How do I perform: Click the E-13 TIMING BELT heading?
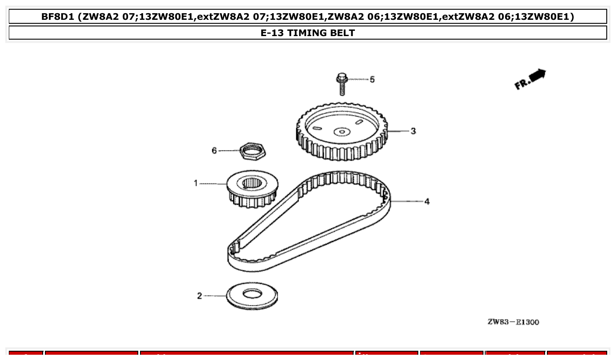pos(308,33)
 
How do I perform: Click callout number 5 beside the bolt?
pos(372,80)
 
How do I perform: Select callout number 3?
pos(413,131)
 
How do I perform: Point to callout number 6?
pos(214,151)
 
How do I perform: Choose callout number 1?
pos(196,183)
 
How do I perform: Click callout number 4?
pos(427,202)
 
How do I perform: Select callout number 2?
pos(199,296)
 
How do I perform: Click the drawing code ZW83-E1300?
pos(513,322)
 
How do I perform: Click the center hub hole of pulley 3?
pos(341,131)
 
